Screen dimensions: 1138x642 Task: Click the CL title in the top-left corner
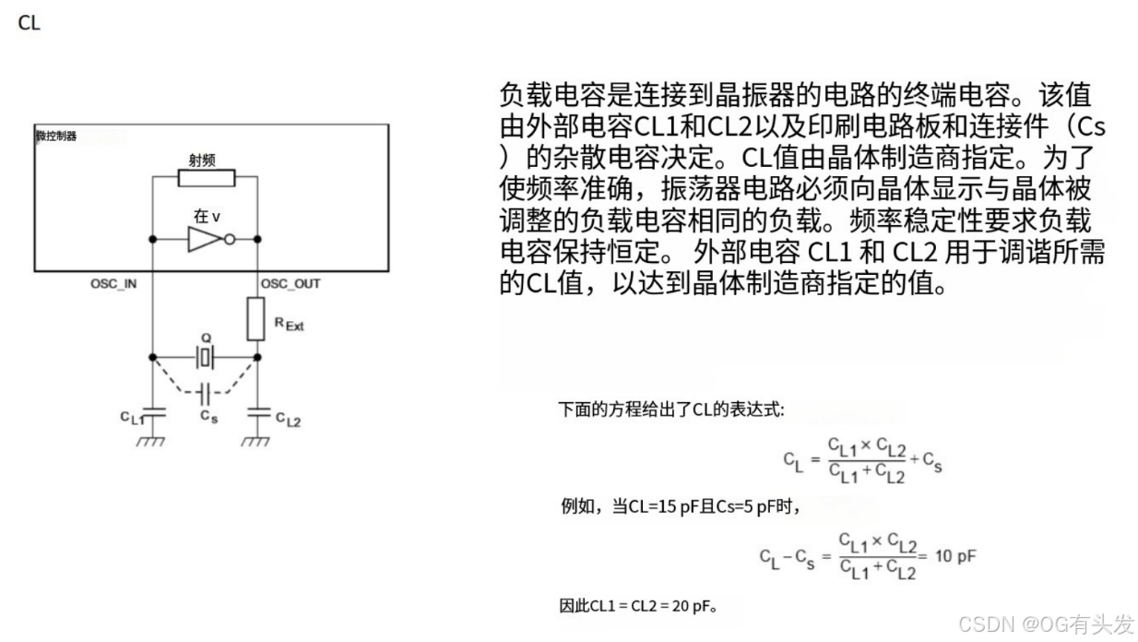29,23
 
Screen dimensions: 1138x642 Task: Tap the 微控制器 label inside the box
56,137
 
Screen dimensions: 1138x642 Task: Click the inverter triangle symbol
204,240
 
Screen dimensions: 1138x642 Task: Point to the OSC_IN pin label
113,283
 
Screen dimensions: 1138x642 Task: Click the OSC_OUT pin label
290,283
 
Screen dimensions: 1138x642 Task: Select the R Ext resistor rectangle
257,317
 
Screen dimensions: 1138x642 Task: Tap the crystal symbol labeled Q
205,356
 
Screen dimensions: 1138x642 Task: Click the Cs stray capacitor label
208,416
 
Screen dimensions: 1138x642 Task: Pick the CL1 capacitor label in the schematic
133,417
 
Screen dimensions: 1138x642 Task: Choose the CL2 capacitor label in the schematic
288,421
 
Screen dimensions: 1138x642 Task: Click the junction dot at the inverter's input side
151,240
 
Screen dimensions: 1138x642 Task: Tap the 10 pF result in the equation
955,556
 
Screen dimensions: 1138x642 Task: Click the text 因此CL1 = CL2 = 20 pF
638,606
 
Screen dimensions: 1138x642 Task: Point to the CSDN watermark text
1045,624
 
